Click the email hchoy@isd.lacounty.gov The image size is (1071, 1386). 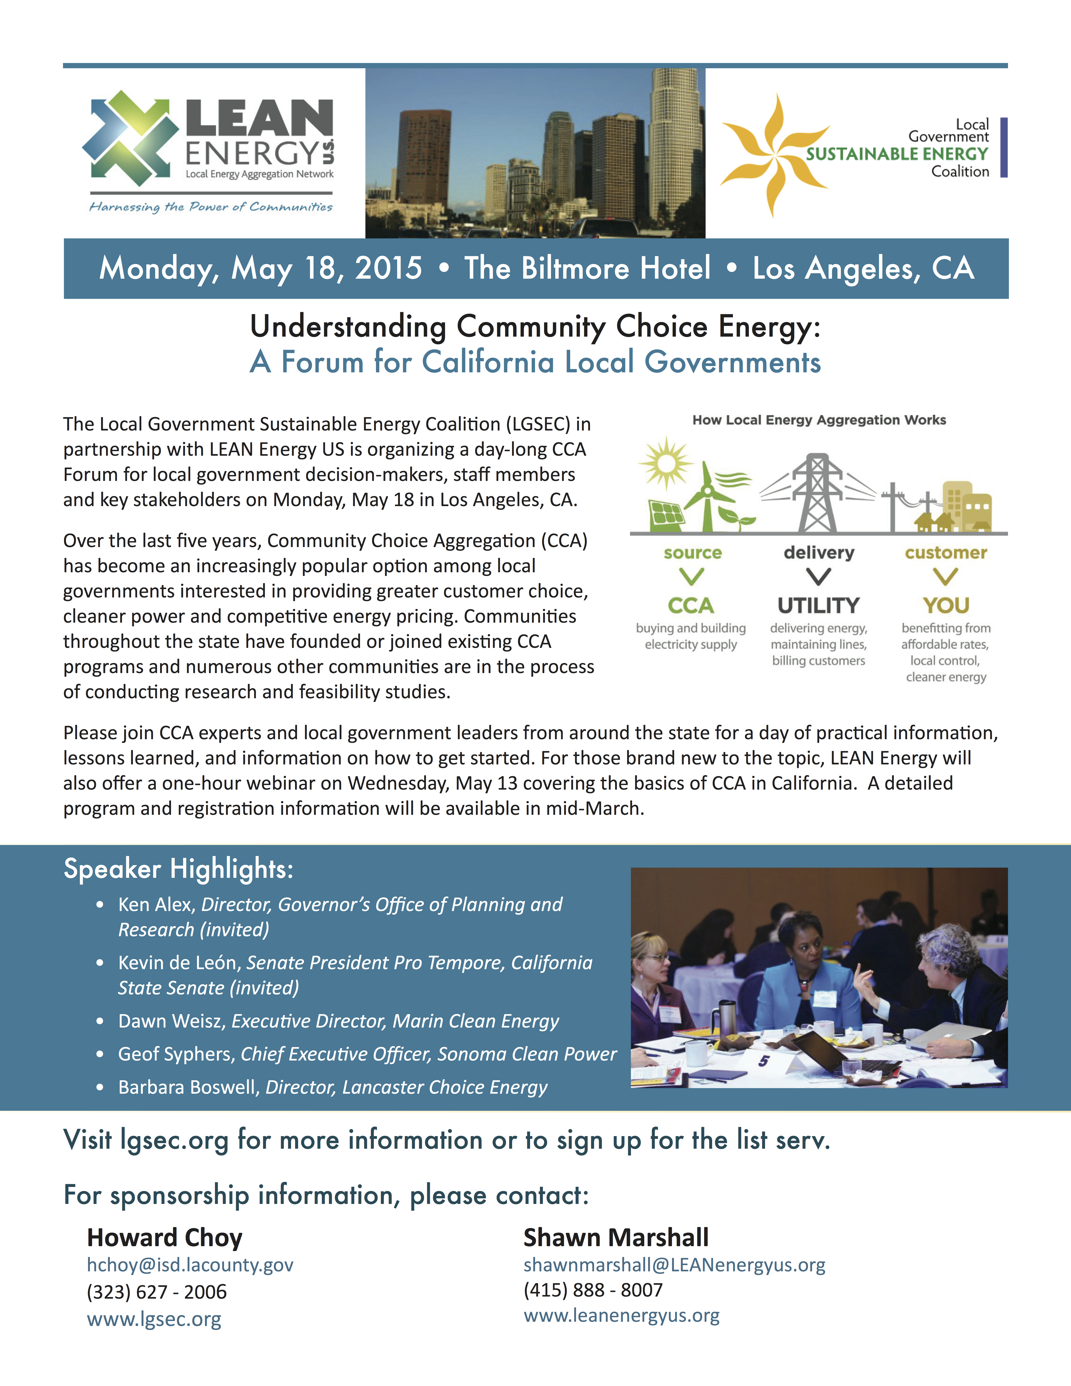190,1265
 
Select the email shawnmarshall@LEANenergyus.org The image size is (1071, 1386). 674,1265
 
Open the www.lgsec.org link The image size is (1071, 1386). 154,1319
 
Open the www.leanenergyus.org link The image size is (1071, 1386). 621,1316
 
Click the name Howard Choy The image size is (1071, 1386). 164,1238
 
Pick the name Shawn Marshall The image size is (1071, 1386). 616,1238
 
